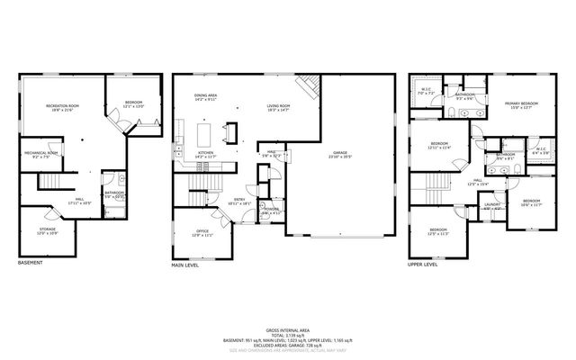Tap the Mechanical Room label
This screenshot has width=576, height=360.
coord(41,154)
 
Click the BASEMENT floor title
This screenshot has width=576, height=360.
coord(31,264)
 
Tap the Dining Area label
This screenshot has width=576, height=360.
coord(205,97)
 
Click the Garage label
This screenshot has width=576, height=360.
coord(338,154)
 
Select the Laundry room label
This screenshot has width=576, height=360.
coord(491,205)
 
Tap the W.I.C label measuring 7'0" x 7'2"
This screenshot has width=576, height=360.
coord(428,91)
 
